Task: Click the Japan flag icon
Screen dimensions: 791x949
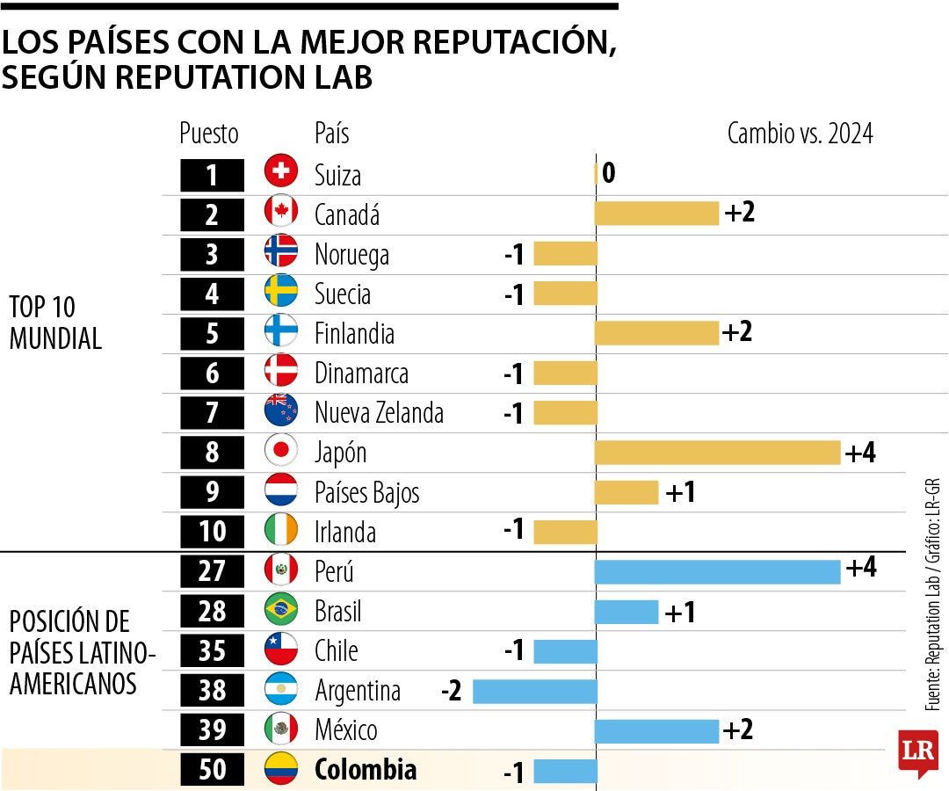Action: click(x=281, y=452)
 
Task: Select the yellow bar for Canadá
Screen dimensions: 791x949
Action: click(x=656, y=214)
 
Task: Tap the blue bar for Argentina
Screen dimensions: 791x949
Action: click(x=534, y=691)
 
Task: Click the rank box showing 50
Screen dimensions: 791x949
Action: click(x=212, y=770)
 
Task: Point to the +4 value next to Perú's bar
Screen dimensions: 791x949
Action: click(x=860, y=569)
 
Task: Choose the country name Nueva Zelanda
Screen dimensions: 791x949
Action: click(x=379, y=412)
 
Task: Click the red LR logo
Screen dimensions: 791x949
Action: click(x=917, y=752)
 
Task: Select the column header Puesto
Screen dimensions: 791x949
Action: click(x=209, y=134)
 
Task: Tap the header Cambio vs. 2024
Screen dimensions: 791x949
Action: click(x=800, y=134)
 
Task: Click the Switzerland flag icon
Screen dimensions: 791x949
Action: click(x=281, y=172)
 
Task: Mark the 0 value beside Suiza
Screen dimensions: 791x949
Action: click(x=608, y=173)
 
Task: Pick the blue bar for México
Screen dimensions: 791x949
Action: click(x=656, y=729)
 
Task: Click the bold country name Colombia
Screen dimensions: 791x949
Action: click(x=366, y=770)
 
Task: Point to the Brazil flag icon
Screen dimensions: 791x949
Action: click(x=281, y=610)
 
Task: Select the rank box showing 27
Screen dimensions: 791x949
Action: click(x=212, y=571)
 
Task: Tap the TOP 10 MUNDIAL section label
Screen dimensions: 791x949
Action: click(x=55, y=323)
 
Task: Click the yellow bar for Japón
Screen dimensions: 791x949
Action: click(x=717, y=452)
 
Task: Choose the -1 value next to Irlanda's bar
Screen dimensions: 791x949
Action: click(x=514, y=530)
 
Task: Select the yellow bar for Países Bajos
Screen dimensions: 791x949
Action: click(x=627, y=492)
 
